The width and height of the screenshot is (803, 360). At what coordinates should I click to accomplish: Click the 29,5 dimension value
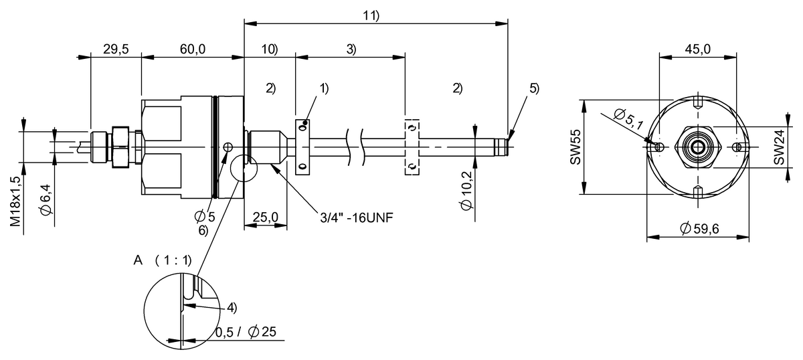[115, 48]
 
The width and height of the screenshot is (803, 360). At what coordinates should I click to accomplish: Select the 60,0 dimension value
[192, 48]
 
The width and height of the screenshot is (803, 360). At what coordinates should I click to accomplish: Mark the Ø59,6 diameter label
[699, 229]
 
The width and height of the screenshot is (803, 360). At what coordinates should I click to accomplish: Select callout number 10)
[270, 49]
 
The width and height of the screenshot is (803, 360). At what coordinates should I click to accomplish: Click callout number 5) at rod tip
[533, 88]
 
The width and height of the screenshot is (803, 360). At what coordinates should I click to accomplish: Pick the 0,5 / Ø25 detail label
[246, 333]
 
